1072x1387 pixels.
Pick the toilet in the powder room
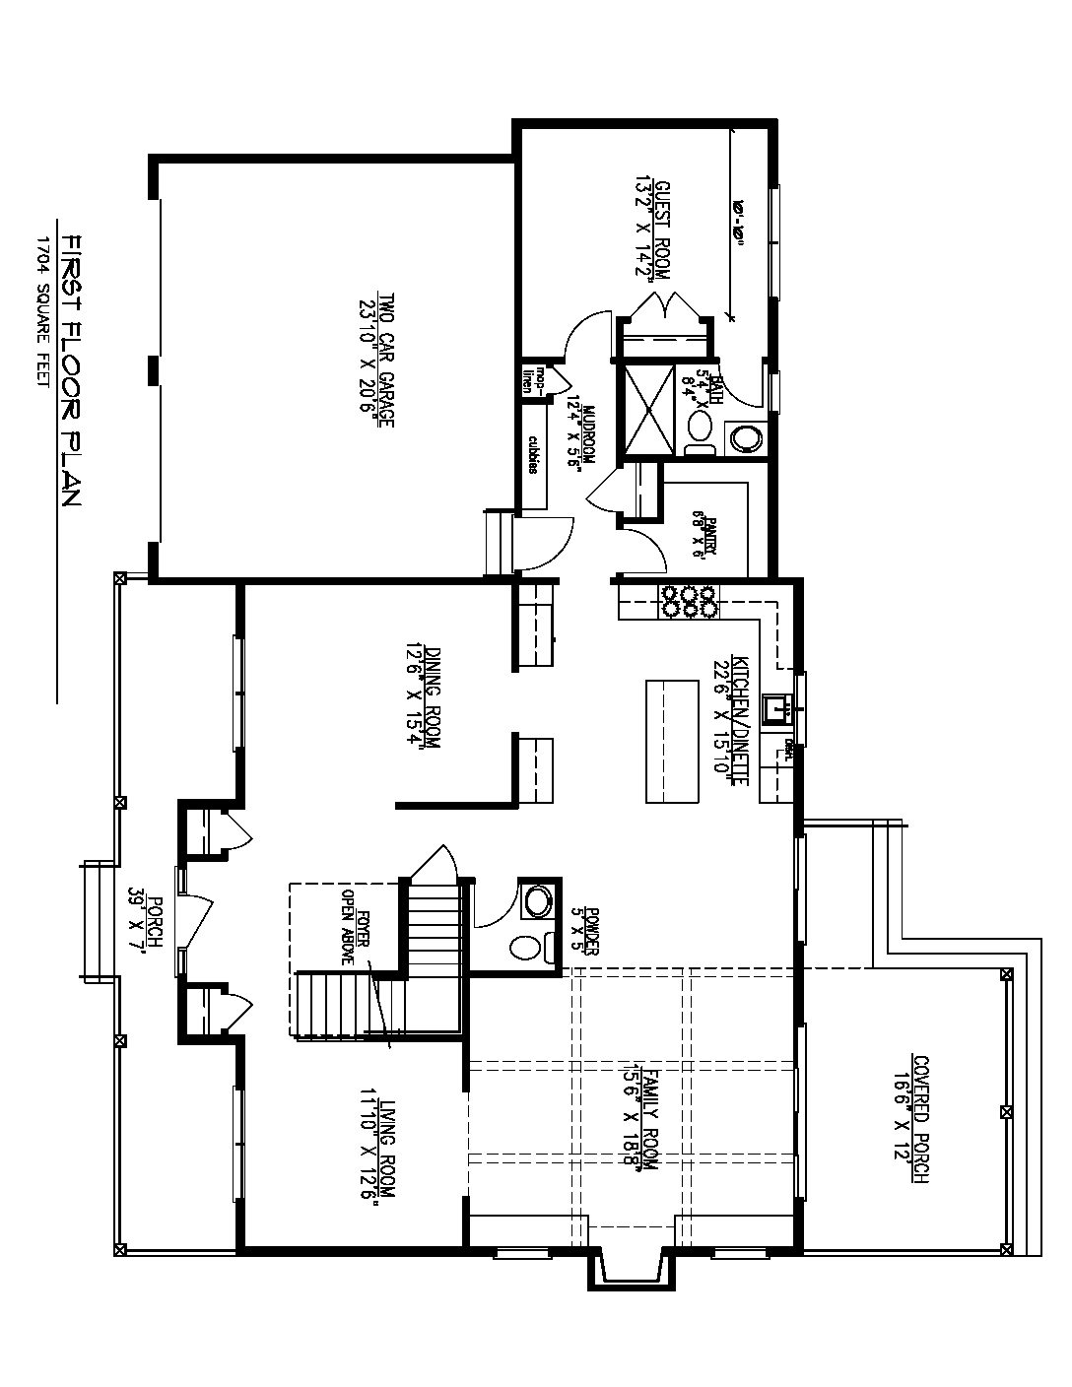527,948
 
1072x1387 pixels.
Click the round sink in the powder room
538,899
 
